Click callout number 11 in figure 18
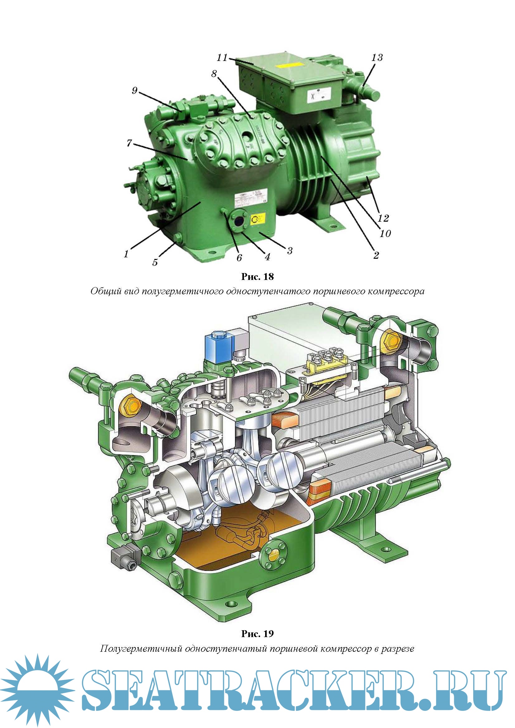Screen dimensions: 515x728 222,57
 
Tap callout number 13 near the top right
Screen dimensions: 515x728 377,57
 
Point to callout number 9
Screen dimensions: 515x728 135,91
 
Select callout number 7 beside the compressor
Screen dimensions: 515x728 129,143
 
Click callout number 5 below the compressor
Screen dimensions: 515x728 155,262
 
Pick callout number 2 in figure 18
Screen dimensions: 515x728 376,255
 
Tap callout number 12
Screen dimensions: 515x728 383,218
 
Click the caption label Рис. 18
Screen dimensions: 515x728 257,277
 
